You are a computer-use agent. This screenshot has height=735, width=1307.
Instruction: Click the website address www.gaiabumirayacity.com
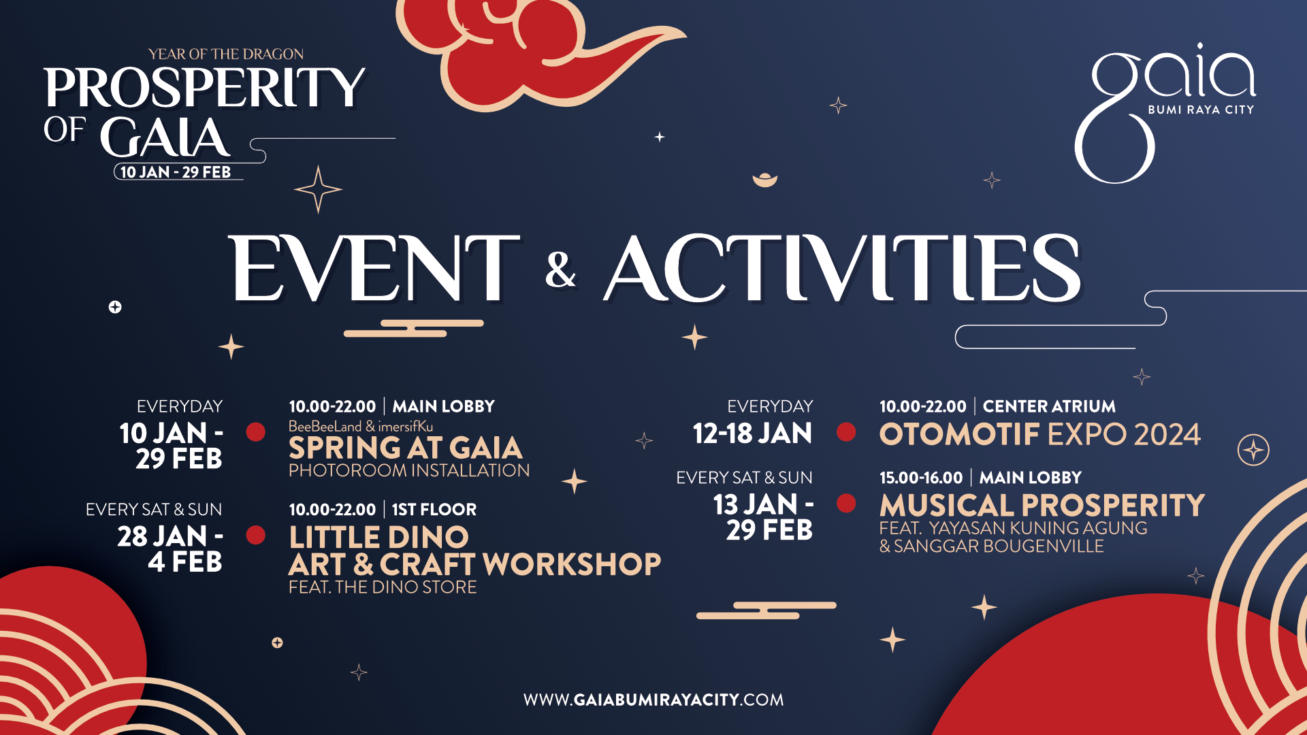[x=653, y=700]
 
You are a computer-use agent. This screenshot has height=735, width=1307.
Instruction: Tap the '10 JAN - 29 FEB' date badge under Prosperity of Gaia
[x=176, y=172]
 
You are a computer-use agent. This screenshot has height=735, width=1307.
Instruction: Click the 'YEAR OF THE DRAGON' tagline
[x=226, y=54]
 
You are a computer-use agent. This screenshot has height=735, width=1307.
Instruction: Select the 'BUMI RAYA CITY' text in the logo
[x=1201, y=110]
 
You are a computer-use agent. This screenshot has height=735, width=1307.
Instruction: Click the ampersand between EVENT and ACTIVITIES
[x=560, y=269]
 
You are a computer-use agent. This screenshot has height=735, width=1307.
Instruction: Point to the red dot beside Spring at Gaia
[x=256, y=432]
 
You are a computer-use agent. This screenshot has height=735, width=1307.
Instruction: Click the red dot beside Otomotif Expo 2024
[x=846, y=432]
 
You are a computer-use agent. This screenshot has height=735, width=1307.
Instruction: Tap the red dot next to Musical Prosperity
[x=846, y=503]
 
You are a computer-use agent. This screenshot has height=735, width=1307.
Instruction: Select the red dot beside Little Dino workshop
[x=256, y=535]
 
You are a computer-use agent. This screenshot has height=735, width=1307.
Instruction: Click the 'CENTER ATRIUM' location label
[x=1049, y=406]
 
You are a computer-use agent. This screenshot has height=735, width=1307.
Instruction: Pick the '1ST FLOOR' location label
[x=434, y=510]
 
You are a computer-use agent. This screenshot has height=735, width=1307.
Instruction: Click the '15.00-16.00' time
[x=921, y=478]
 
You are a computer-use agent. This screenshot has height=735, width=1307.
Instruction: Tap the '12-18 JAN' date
[x=752, y=434]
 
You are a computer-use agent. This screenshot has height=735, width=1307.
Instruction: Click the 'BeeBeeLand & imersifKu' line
[x=361, y=427]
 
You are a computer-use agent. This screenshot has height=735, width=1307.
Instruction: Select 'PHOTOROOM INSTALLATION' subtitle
[x=409, y=470]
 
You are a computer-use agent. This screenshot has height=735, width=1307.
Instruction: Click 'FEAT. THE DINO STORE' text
[x=383, y=587]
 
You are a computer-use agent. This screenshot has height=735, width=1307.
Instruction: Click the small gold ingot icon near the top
[x=765, y=180]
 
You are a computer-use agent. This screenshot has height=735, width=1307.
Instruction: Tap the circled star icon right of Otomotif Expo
[x=1253, y=450]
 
